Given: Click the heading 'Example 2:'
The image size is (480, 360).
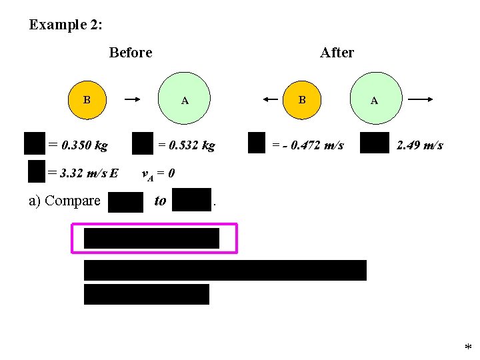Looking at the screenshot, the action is coord(65,25).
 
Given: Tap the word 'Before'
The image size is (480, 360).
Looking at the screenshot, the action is coord(131,53).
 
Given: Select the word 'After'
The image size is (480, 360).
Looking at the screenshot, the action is coord(337,53).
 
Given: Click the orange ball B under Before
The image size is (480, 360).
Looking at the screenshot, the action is coord(87,101).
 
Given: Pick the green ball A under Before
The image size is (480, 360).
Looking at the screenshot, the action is coord(185,101).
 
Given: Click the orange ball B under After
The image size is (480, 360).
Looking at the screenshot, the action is coord(302,100).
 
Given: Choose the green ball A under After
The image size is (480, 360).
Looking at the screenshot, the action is coord(374,101).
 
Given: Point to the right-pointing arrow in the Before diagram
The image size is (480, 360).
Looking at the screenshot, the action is coord(133,100).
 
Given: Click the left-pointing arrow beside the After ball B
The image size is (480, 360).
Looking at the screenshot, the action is coord(271,99).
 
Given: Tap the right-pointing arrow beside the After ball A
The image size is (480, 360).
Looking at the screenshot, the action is coord(421,100).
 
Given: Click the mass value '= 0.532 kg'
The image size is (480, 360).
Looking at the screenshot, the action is coord(186,145).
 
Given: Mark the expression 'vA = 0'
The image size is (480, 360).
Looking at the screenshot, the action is coord(159,174).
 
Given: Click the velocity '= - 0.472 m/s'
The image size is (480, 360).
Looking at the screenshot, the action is coord(308,145).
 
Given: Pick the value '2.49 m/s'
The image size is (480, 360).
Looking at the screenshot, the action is coord(419,145).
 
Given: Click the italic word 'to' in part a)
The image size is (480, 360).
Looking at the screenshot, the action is coord(160,200).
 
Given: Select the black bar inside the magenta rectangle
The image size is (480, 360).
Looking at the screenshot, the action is coord(151,238).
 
